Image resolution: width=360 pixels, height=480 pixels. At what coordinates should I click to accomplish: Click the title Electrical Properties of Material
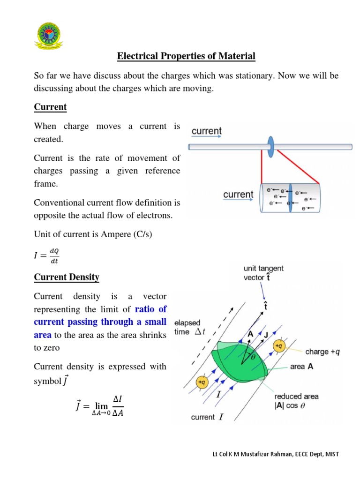point(186,56)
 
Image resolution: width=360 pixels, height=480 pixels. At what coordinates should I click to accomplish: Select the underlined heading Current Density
point(67,277)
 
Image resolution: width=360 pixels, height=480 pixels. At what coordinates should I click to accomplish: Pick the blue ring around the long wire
point(270,147)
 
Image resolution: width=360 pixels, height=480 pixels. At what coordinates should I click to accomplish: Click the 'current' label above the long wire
point(206,131)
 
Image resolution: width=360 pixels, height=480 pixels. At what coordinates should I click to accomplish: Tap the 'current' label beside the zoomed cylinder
point(238,194)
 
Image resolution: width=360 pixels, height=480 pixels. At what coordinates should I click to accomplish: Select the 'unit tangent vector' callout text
point(263,273)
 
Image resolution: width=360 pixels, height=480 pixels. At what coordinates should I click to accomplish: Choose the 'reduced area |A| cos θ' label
point(296,401)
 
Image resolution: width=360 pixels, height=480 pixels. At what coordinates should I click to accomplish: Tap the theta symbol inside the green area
point(254,357)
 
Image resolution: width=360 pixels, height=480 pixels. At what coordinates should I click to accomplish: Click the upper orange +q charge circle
point(279,346)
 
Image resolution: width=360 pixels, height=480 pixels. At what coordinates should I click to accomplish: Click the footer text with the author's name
point(275,454)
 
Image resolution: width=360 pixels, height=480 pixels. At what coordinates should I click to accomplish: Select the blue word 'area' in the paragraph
point(43,335)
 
